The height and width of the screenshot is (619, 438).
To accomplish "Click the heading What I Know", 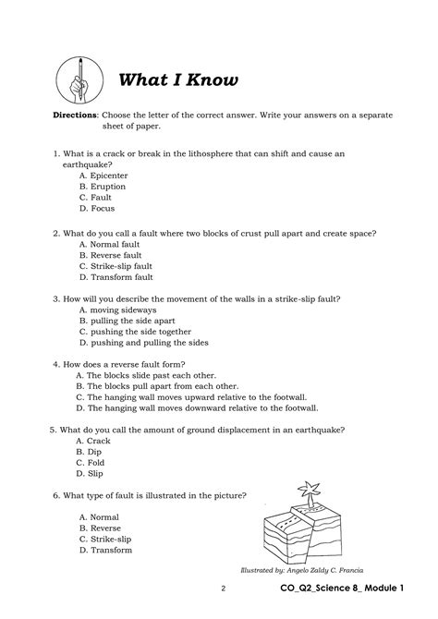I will pyautogui.click(x=178, y=80).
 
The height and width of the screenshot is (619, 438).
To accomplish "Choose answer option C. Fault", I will pyautogui.click(x=96, y=197).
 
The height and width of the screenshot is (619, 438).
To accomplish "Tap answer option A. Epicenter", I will pyautogui.click(x=103, y=175).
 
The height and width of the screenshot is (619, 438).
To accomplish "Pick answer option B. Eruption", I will pyautogui.click(x=103, y=186).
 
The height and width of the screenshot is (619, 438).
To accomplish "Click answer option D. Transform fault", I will pyautogui.click(x=116, y=276).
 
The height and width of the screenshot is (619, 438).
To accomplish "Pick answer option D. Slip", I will pyautogui.click(x=91, y=474).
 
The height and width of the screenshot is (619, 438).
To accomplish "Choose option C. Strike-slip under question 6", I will pyautogui.click(x=105, y=539).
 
